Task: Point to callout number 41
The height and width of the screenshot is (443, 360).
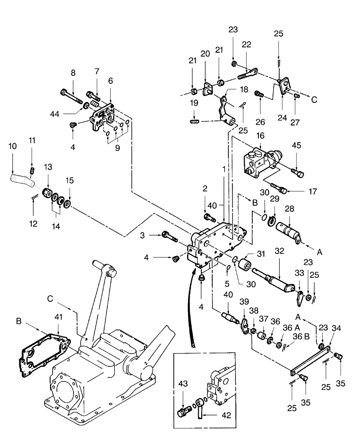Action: [59, 317]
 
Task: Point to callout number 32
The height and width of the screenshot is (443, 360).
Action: [279, 250]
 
